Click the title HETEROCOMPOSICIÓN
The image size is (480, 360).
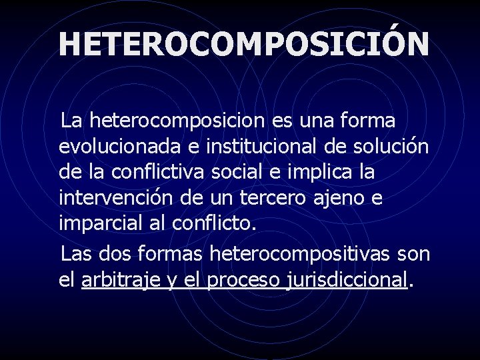point(244,44)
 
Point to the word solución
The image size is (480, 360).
point(395,147)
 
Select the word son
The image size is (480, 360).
point(413,255)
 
